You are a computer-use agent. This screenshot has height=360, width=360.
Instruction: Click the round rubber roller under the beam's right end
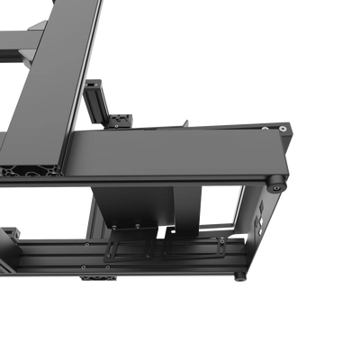click(274, 184)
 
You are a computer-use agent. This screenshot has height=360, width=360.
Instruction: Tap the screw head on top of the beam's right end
click(285, 130)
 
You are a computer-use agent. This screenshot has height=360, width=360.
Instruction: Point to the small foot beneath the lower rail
click(99, 280)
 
